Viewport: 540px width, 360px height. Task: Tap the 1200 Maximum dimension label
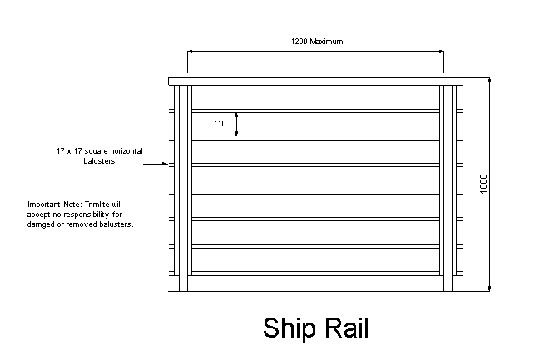(x=316, y=42)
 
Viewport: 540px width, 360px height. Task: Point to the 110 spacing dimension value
(x=220, y=124)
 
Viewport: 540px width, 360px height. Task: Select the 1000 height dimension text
(x=483, y=185)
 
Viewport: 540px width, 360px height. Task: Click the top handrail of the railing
(x=316, y=81)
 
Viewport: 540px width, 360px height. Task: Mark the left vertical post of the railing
(x=185, y=187)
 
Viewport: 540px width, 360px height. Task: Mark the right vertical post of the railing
(x=448, y=187)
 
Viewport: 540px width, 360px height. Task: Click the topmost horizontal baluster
(x=316, y=110)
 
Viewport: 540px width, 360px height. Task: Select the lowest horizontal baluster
(x=316, y=273)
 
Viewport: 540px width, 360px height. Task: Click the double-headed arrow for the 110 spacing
(x=237, y=124)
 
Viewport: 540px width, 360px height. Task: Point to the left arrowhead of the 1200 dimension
(x=191, y=52)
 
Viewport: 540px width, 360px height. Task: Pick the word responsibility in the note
(x=93, y=215)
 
